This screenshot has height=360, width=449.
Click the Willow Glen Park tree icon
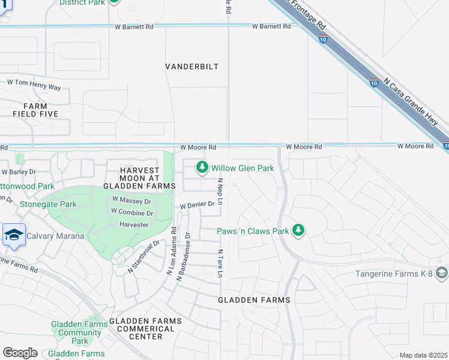click(x=202, y=168)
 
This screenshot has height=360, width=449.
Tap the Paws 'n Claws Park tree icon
click(x=298, y=230)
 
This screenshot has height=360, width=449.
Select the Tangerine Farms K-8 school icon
click(x=442, y=274)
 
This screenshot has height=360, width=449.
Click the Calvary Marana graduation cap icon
click(x=13, y=235)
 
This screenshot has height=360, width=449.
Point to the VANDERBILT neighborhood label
click(x=192, y=67)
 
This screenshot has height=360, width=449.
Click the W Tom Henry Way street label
click(x=34, y=85)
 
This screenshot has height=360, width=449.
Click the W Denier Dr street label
click(x=197, y=205)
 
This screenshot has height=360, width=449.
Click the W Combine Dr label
click(x=132, y=212)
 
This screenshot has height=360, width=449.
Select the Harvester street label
click(x=134, y=224)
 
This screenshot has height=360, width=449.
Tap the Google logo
click(x=20, y=353)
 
